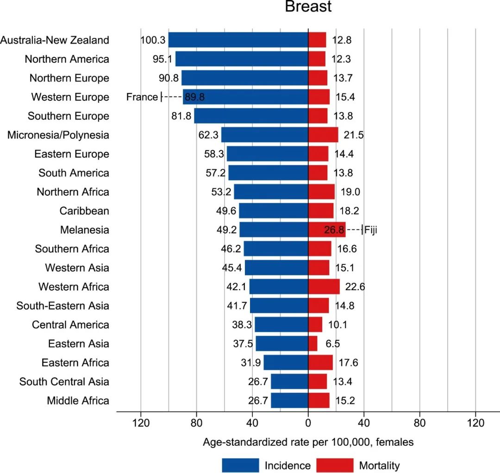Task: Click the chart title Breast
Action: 308,7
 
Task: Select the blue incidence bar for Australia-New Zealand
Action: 238,40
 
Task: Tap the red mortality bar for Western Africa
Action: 324,287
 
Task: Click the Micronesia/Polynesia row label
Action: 58,135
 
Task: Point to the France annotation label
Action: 142,97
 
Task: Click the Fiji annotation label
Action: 371,230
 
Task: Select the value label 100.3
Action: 153,40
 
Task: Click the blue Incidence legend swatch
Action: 240,465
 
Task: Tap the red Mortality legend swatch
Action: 334,465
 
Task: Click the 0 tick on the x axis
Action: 308,423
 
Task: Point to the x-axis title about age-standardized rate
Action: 308,442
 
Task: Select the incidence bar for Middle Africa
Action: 289,401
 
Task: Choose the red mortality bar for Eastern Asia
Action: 313,344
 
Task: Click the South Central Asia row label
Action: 64,382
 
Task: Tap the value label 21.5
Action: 354,135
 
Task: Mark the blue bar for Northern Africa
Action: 271,192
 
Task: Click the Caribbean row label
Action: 84,211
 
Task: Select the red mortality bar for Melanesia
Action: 326,230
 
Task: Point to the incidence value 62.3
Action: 209,135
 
